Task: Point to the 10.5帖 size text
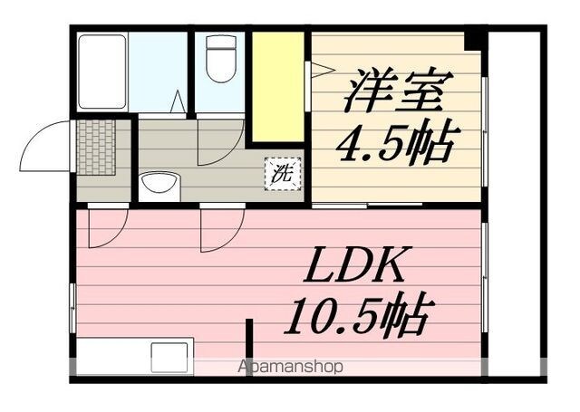tap(357, 315)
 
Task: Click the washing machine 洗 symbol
tap(283, 174)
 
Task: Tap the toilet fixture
tap(221, 58)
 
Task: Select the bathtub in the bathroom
tap(102, 72)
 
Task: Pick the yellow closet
tap(278, 87)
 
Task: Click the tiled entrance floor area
tap(96, 147)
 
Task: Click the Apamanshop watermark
tap(290, 367)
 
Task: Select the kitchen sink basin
tap(169, 358)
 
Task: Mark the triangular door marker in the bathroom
tap(179, 101)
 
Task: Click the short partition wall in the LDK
tap(250, 348)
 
